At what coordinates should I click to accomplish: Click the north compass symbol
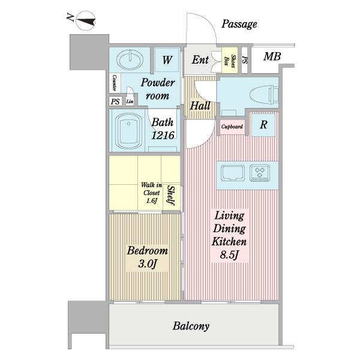[x=85, y=21]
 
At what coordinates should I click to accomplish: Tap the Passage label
[x=239, y=24]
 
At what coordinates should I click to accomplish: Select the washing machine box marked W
[x=167, y=59]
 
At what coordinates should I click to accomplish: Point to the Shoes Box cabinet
[x=230, y=60]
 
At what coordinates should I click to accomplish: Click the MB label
[x=272, y=56]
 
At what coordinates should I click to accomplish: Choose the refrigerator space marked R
[x=263, y=125]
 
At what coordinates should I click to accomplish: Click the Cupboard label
[x=232, y=127]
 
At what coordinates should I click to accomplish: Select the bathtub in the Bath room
[x=128, y=131]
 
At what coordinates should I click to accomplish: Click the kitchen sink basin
[x=233, y=173]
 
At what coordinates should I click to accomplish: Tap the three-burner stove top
[x=260, y=173]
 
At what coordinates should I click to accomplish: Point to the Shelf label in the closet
[x=171, y=196]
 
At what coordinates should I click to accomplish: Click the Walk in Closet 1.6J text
[x=152, y=193]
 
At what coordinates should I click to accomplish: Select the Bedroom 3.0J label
[x=148, y=257]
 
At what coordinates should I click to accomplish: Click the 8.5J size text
[x=229, y=254]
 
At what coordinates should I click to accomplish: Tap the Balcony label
[x=191, y=326]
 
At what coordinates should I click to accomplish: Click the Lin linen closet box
[x=130, y=101]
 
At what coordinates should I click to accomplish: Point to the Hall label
[x=200, y=106]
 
